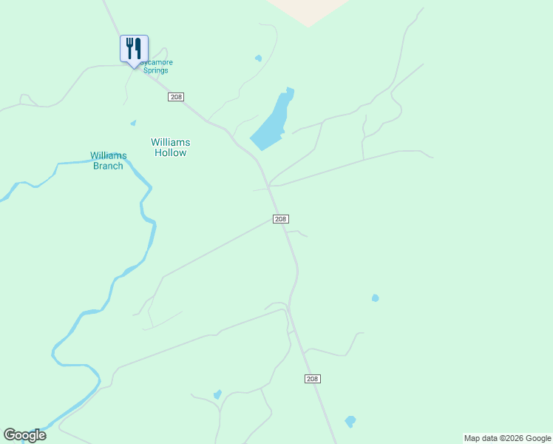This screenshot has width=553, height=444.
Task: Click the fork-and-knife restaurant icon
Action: [x=134, y=49]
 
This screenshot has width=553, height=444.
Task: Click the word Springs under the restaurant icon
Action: [x=156, y=71]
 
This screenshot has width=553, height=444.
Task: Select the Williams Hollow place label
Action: [x=170, y=147]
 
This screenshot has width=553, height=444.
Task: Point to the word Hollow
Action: [x=170, y=153]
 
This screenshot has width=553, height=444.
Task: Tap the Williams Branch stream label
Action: [x=109, y=161]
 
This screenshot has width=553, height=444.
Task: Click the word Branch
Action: [x=108, y=166]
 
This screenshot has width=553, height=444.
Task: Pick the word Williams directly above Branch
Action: [x=109, y=155]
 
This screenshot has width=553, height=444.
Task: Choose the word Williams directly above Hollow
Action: [x=170, y=141]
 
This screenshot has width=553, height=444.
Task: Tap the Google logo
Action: [x=24, y=435]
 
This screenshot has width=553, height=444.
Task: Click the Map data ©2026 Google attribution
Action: [x=507, y=438]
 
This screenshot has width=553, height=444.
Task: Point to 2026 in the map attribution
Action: [x=515, y=438]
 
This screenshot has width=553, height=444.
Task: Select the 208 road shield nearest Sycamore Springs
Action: [x=176, y=97]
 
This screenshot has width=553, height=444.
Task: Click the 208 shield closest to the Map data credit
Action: [x=312, y=379]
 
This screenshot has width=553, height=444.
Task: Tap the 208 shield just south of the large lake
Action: [x=280, y=219]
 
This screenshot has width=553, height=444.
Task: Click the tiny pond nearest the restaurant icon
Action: [x=133, y=123]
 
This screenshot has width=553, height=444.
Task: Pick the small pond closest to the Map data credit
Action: [x=350, y=421]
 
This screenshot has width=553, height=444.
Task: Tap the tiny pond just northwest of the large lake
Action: [x=258, y=58]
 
